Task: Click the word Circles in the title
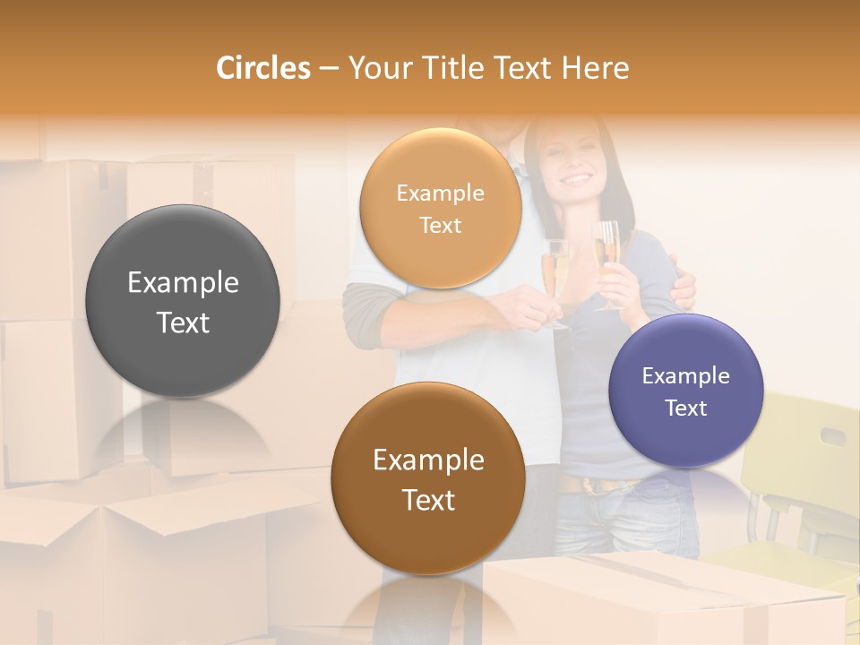point(262,68)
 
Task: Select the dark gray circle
point(183,301)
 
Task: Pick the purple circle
point(685,391)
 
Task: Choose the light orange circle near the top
point(440,208)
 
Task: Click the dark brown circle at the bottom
point(428,478)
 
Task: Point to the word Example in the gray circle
point(183,283)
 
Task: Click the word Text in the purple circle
point(685,408)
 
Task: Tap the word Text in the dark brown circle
point(428,500)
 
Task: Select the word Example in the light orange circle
point(440,193)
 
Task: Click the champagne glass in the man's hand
point(556,273)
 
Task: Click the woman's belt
point(591,485)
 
